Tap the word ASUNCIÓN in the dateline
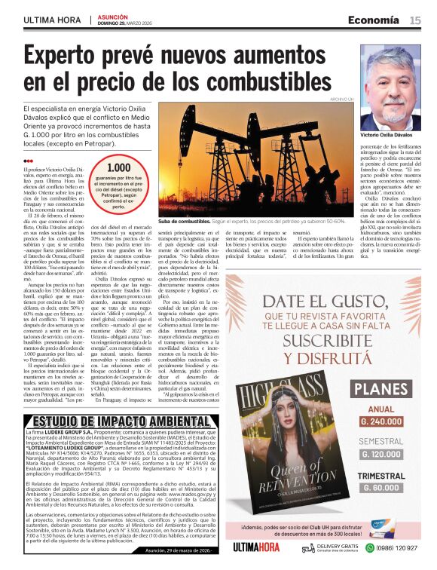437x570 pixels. tap(113, 16)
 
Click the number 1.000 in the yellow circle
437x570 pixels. tap(118, 168)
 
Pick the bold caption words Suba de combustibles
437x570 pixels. tap(185, 222)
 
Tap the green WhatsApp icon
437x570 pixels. tap(372, 548)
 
